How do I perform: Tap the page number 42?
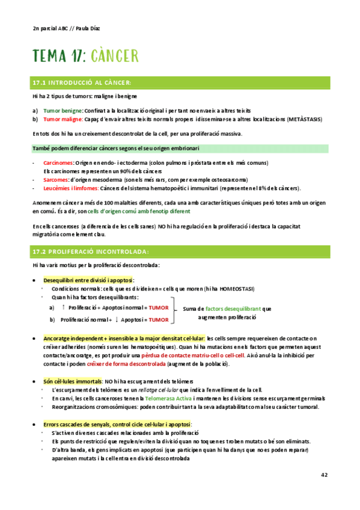pos(324,475)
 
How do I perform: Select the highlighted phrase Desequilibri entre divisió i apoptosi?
pos(88,280)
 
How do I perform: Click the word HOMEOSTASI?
pos(240,289)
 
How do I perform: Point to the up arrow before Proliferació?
pos(64,307)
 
